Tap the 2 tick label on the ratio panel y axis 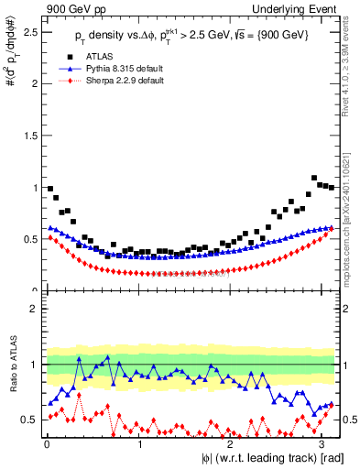point(33,309)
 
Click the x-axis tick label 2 point(231,444)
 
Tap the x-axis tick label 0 point(46,444)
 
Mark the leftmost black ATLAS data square point(49,189)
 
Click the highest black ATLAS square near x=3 point(314,178)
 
